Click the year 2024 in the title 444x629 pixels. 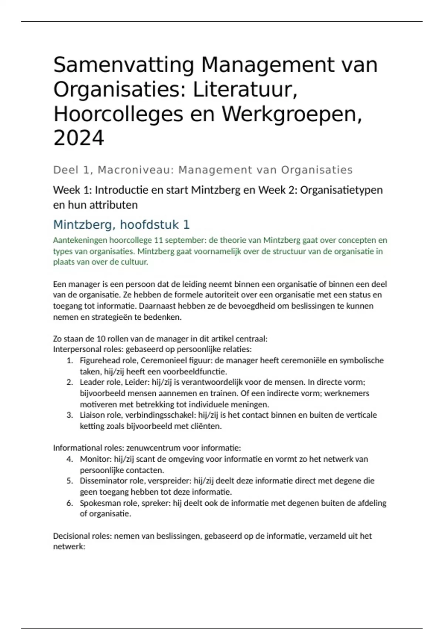click(79, 138)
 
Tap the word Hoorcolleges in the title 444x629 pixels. click(118, 114)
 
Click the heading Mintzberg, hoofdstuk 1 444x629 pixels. click(121, 225)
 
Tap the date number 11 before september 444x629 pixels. click(158, 240)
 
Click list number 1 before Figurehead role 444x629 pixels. click(69, 361)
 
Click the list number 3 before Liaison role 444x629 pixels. click(69, 415)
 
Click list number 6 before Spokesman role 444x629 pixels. click(69, 503)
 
